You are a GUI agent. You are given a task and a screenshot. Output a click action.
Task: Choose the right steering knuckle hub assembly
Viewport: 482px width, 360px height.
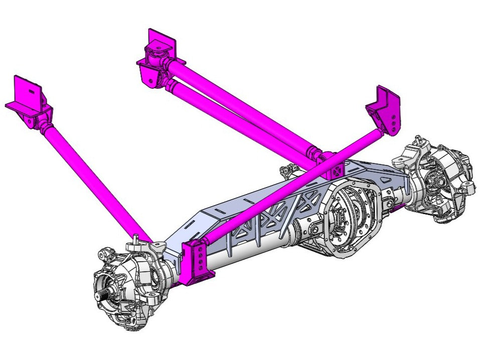coord(441,181)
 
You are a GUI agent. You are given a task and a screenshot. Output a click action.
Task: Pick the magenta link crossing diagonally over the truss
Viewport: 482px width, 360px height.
coord(281,191)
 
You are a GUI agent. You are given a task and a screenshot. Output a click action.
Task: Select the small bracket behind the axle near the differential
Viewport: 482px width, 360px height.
coord(288,170)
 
